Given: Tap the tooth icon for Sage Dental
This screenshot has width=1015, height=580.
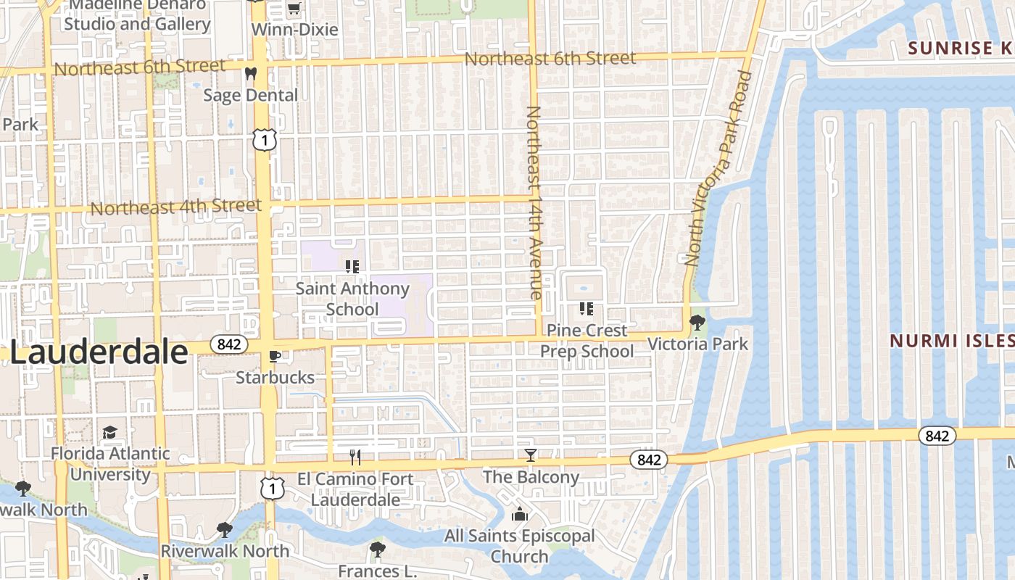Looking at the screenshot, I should (251, 73).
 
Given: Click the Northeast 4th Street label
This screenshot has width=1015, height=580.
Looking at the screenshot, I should (176, 207).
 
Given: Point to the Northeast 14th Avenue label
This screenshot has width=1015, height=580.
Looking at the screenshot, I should (534, 203).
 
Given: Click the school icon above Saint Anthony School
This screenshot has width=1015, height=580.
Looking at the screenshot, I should (352, 267).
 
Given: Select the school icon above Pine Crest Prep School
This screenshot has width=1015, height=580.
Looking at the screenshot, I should (587, 310).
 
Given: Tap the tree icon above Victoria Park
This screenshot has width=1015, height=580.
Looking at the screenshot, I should (697, 322).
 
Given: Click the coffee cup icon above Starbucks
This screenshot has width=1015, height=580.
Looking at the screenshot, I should (275, 356).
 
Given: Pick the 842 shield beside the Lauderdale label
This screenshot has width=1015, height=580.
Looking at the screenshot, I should (228, 344).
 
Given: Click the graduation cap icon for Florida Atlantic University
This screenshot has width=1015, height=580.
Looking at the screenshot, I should (109, 433).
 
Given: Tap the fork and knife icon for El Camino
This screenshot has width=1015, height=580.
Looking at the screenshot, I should (355, 457).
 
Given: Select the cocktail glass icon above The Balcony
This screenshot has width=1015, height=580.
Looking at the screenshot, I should (531, 455).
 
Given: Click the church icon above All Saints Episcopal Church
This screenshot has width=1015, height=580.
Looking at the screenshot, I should (519, 515).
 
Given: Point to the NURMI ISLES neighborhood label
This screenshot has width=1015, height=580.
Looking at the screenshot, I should (951, 341).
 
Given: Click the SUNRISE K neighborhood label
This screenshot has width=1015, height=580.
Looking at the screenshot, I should (960, 49).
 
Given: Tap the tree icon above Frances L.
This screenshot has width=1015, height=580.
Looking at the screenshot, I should (377, 549).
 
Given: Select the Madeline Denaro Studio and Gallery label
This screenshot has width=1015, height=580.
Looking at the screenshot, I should (138, 14).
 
